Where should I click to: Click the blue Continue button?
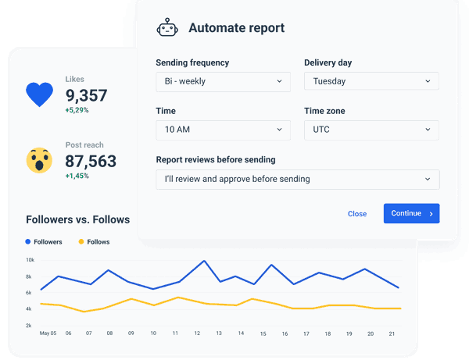coord(411,213)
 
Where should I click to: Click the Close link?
coord(357,214)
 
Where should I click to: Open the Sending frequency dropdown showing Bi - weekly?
coord(223,81)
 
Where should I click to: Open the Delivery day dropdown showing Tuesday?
coord(371,81)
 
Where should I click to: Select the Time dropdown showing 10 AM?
coord(223,130)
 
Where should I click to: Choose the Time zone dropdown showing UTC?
coord(371,130)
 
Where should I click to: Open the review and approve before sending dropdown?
coord(297,179)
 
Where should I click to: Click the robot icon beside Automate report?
coord(167,28)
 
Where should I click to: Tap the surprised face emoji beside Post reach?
coord(39,160)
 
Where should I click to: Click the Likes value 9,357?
coord(86,96)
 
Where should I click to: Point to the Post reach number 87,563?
coord(91,162)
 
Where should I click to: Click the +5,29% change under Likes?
coord(77,111)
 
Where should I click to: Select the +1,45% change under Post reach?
coord(77,176)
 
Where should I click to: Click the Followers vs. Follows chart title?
coord(77,219)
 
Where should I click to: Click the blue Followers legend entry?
coord(44,242)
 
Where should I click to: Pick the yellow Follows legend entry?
coord(94,242)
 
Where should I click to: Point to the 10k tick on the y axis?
coord(30,260)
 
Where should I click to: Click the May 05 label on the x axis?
coord(48,333)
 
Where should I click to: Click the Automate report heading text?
coord(236,28)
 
